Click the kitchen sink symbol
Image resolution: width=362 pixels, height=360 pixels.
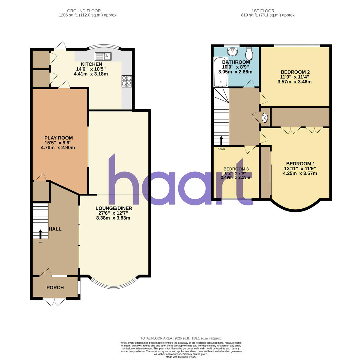tap(103, 56)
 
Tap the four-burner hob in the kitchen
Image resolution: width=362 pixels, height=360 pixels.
tap(127, 81)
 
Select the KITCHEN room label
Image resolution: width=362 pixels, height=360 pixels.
tap(91, 64)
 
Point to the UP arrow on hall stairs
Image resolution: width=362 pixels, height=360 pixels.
tap(40, 234)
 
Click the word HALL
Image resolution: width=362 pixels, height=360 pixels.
tap(55, 229)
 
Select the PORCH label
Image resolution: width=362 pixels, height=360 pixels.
tap(55, 287)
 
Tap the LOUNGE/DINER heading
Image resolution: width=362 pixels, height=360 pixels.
tap(114, 208)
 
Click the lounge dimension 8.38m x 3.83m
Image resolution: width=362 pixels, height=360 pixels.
tap(113, 218)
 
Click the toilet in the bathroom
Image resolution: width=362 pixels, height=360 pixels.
tap(249, 54)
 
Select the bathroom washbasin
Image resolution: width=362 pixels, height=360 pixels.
tap(233, 52)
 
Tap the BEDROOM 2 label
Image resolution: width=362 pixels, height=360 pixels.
tap(295, 72)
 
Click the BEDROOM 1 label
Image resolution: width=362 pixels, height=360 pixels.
tap(301, 164)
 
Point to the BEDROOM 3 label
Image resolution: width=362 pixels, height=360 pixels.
tap(236, 169)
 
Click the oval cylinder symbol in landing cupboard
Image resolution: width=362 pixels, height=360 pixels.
tap(265, 117)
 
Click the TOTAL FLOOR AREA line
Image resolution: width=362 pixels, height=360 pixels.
tap(181, 338)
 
